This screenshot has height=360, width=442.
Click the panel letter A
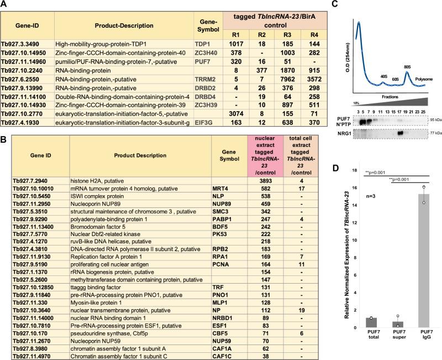[5, 4]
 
